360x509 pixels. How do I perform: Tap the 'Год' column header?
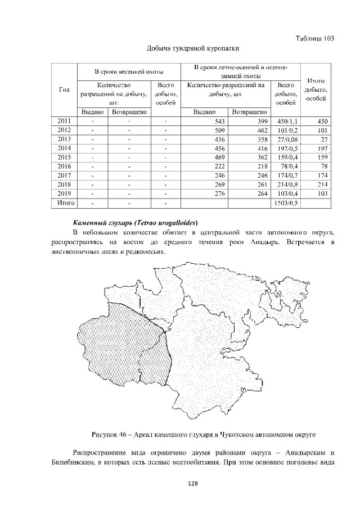coord(64,90)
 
